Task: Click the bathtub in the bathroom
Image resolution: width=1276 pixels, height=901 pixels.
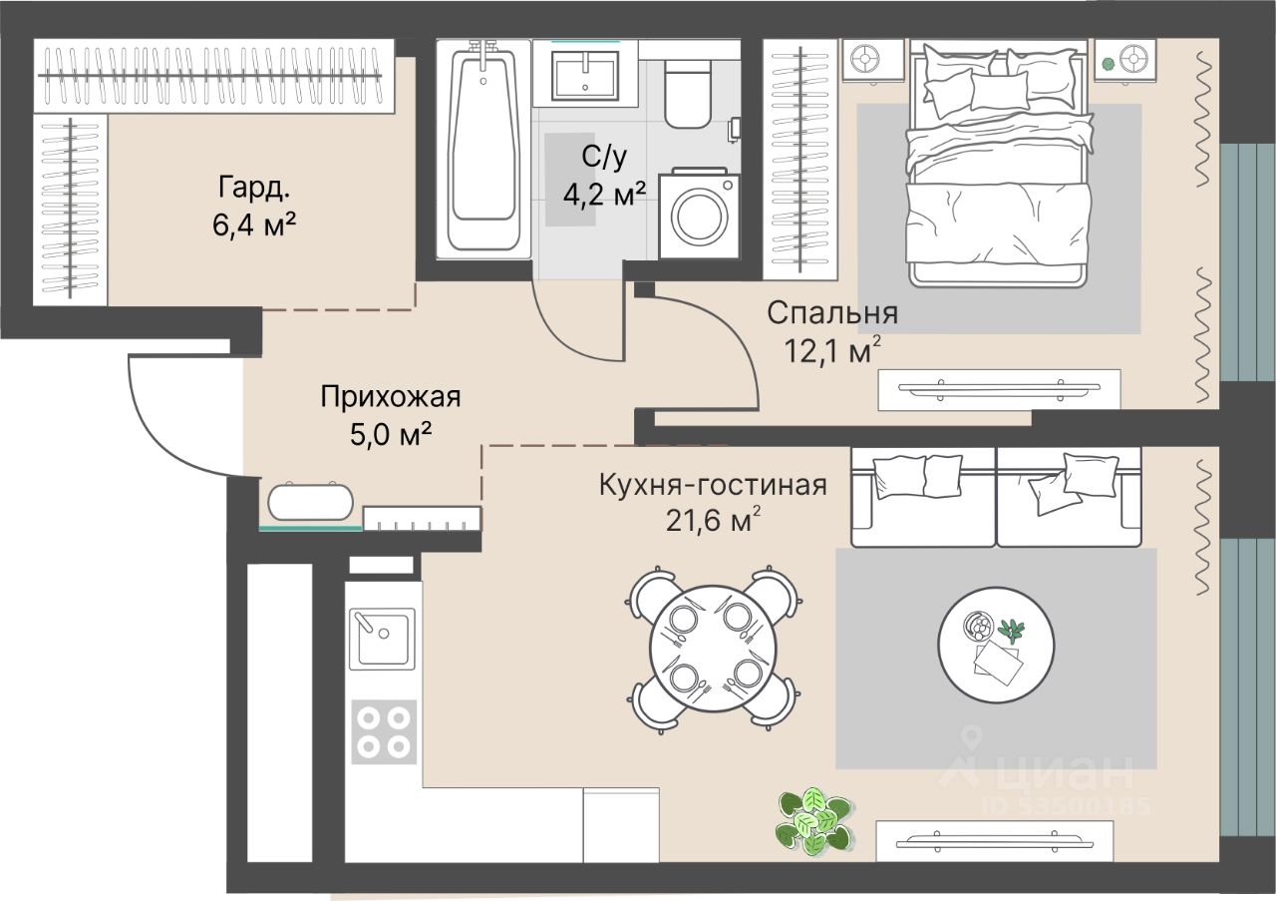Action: pos(483,150)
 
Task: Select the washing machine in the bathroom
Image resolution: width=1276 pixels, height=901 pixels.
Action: pos(699,214)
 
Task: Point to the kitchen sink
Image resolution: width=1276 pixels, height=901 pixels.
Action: pos(382,639)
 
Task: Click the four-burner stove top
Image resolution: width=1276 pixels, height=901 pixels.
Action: pos(384,731)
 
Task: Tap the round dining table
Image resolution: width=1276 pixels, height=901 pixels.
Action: pos(714,649)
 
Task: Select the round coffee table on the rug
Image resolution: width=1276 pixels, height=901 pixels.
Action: pos(996,645)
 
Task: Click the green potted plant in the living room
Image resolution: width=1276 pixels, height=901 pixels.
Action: pos(813,822)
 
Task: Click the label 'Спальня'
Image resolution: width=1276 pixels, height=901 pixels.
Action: pos(832,313)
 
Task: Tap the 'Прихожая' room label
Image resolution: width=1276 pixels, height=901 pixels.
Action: pos(390,397)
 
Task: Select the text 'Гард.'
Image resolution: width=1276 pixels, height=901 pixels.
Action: pos(254,188)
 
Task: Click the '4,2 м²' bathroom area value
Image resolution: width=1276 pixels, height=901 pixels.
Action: pos(605,195)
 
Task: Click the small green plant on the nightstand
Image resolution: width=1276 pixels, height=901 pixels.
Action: pos(1108,63)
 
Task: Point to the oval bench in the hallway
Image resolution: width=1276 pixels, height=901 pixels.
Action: pos(310,502)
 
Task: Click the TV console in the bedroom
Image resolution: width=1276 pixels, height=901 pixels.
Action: pos(999,390)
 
